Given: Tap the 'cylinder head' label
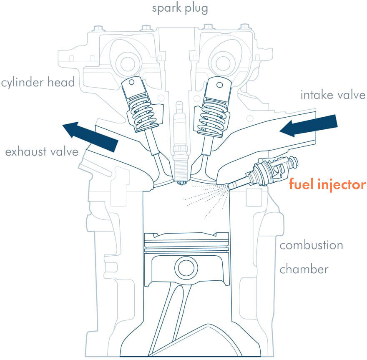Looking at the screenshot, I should point(38,82).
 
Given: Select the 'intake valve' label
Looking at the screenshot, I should point(332,95).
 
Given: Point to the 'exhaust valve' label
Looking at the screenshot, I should point(41,151).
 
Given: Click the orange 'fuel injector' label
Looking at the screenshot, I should point(327,184).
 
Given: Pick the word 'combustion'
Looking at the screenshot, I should point(311,245).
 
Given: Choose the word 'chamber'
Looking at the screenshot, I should point(304,269).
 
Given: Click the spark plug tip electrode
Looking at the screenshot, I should point(181,182).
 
